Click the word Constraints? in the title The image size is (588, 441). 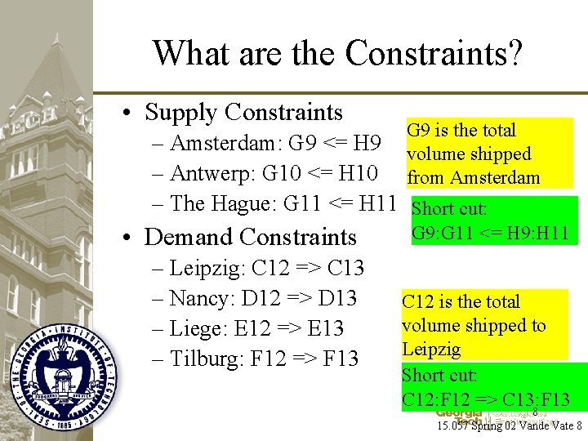click(x=433, y=54)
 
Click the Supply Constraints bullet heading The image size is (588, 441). click(x=243, y=112)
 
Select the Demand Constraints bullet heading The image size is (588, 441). click(x=250, y=237)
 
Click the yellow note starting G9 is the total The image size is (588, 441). click(x=488, y=154)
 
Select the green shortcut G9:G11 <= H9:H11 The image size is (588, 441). click(x=491, y=220)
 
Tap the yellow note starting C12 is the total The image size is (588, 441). click(x=483, y=325)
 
